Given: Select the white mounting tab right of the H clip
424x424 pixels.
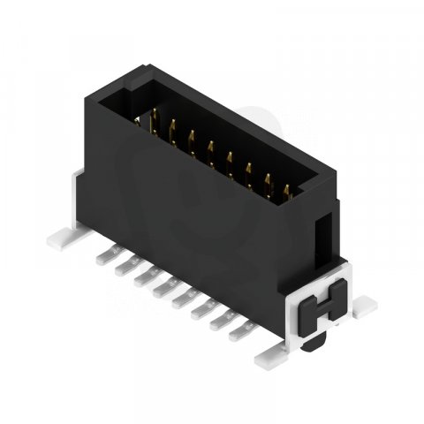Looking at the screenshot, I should [x=360, y=304].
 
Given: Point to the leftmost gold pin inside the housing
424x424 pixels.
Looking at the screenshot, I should [x=153, y=120].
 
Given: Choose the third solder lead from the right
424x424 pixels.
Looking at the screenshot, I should [x=200, y=311].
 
